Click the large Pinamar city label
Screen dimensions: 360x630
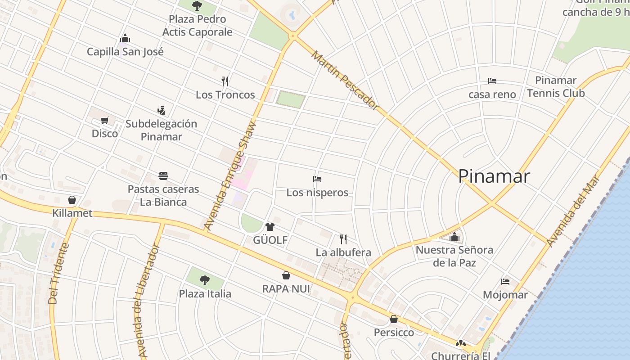[494, 176]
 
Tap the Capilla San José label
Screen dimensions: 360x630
[125, 52]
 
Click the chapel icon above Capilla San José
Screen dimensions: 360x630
[125, 38]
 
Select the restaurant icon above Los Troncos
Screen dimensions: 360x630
[225, 81]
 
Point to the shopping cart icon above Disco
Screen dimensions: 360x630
[105, 120]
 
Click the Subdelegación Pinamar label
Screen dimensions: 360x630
[161, 130]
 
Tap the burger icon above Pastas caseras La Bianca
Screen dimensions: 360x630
[163, 175]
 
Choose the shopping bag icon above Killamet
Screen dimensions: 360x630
[72, 199]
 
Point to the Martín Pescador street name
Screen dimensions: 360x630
[344, 80]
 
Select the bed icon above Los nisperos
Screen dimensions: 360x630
[317, 179]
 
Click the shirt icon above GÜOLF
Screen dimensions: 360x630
[270, 226]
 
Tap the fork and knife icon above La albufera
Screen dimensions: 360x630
[343, 238]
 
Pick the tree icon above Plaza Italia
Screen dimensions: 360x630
[205, 280]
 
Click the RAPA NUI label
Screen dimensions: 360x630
[286, 288]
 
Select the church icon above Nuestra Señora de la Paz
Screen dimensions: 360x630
[454, 236]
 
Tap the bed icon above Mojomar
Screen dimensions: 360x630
[505, 282]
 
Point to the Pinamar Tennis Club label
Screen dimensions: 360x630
[556, 87]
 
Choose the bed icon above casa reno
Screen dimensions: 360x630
[492, 81]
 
